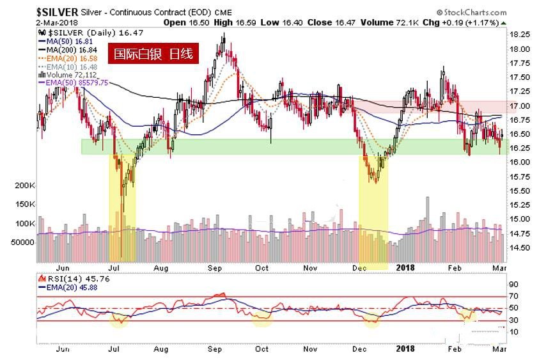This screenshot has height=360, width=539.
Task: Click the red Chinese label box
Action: pos(152,54)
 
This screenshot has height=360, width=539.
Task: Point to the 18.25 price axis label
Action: pos(519,35)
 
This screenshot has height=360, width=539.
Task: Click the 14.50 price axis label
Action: pos(519,247)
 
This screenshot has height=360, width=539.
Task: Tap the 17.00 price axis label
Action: pos(519,106)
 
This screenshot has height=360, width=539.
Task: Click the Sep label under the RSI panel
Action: pos(215,349)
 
